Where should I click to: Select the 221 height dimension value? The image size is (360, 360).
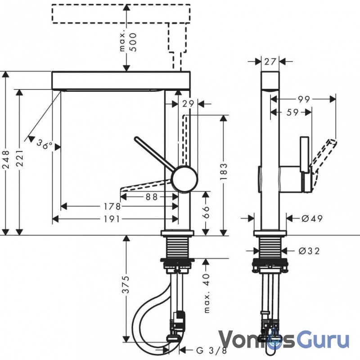coord(20,158)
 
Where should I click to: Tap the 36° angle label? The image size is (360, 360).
coord(44,144)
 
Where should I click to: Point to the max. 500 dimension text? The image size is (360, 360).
coord(128,42)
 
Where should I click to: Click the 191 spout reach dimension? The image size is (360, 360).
coord(112,219)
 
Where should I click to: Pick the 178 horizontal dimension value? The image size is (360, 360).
coord(112,207)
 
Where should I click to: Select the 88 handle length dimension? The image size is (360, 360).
coord(152,197)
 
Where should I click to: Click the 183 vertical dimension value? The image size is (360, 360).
coord(223,171)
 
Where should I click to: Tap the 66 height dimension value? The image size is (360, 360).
coord(206,211)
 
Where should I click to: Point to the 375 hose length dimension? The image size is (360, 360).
coord(126,285)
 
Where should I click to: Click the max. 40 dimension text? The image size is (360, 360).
coord(207,293)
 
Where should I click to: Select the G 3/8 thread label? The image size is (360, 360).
coord(211,351)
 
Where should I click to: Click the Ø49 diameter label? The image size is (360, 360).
coord(312,218)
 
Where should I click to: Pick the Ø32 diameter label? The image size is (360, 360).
coord(309,251)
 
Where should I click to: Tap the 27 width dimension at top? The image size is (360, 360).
coord(270,62)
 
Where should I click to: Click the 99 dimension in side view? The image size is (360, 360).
coord(304,99)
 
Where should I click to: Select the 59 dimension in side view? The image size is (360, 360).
coord(292,112)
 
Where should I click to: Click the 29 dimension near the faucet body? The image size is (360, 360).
coord(188,104)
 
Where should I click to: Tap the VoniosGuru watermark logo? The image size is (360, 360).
coord(284,339)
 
